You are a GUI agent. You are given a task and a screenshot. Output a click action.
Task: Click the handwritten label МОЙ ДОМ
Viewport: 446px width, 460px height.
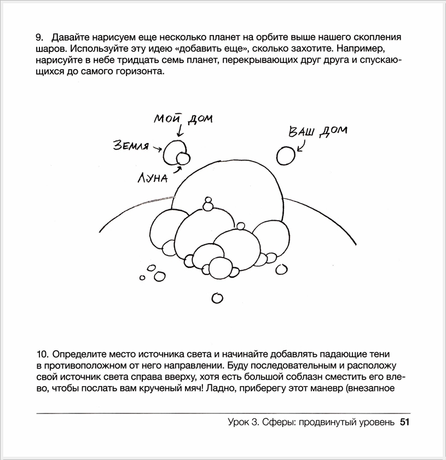(183, 119)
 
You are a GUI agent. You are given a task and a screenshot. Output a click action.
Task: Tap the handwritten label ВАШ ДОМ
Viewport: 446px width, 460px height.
(317, 132)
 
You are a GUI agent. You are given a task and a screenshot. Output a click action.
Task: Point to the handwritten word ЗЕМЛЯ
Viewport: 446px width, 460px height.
(131, 146)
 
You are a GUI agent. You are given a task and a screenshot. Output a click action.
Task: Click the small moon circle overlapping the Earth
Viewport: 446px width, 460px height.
(183, 159)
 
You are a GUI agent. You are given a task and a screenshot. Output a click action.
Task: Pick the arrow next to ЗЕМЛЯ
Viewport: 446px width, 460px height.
(157, 148)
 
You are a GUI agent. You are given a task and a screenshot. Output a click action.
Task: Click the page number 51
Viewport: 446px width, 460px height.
(405, 422)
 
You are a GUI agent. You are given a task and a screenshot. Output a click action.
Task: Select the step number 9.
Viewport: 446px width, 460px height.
(39, 38)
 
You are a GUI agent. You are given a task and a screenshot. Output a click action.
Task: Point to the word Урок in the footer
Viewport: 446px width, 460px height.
(240, 422)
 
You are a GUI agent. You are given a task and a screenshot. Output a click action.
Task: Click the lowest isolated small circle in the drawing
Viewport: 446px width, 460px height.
(217, 298)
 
